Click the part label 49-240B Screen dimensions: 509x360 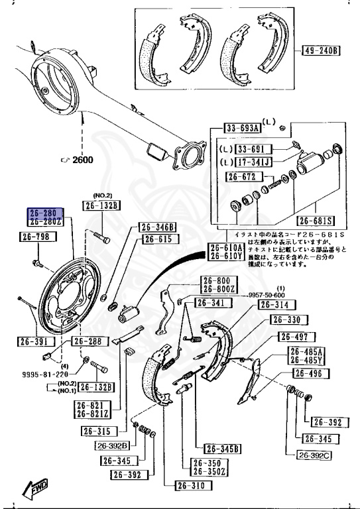pos(322,50)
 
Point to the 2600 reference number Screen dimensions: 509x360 pos(82,160)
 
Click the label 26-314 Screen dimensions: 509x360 pos(274,306)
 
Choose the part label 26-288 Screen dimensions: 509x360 pos(88,341)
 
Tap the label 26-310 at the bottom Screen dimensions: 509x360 pos(192,486)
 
